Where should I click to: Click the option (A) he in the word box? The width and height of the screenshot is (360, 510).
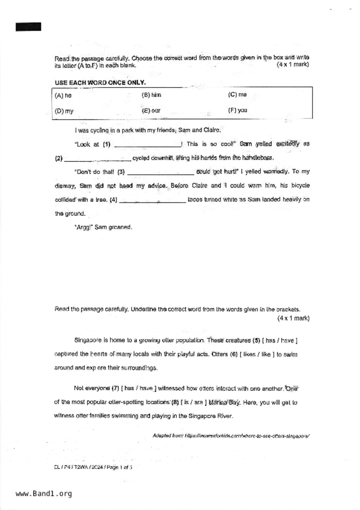[x=63, y=95]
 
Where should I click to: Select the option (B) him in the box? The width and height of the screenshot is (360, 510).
[x=151, y=95]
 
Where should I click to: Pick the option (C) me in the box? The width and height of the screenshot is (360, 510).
[x=237, y=94]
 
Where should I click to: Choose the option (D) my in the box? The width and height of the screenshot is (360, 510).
[x=64, y=111]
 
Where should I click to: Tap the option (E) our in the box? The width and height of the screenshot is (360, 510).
[x=151, y=110]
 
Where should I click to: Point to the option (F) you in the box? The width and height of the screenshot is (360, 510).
[x=237, y=110]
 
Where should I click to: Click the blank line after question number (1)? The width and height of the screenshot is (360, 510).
[x=148, y=145]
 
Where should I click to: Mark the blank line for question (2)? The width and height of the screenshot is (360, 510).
[x=97, y=159]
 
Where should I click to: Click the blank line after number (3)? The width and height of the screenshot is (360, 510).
[x=160, y=173]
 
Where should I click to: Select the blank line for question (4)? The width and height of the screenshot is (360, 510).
[x=152, y=201]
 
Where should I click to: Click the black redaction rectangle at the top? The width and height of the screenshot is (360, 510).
[x=28, y=27]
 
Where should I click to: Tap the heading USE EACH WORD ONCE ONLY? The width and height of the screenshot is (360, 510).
[x=100, y=83]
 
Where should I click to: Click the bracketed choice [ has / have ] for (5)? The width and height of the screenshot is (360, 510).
[x=280, y=340]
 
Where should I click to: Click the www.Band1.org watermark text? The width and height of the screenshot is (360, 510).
[x=44, y=493]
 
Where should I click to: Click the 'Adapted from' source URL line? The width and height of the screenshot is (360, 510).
[x=231, y=436]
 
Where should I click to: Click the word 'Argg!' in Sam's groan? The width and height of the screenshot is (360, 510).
[x=83, y=227]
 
